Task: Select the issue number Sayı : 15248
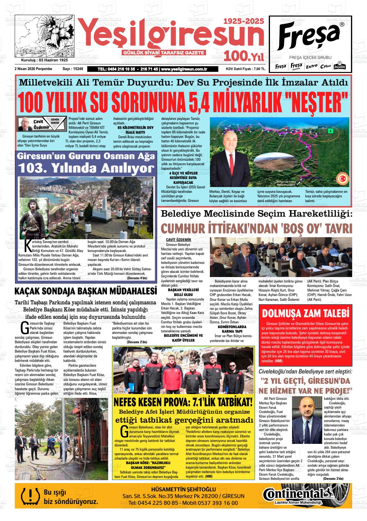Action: click(73, 69)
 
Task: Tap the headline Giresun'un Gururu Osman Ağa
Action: click(86, 157)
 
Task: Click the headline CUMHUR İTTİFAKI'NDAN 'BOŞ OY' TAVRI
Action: click(256, 228)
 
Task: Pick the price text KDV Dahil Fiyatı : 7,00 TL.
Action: click(246, 69)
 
